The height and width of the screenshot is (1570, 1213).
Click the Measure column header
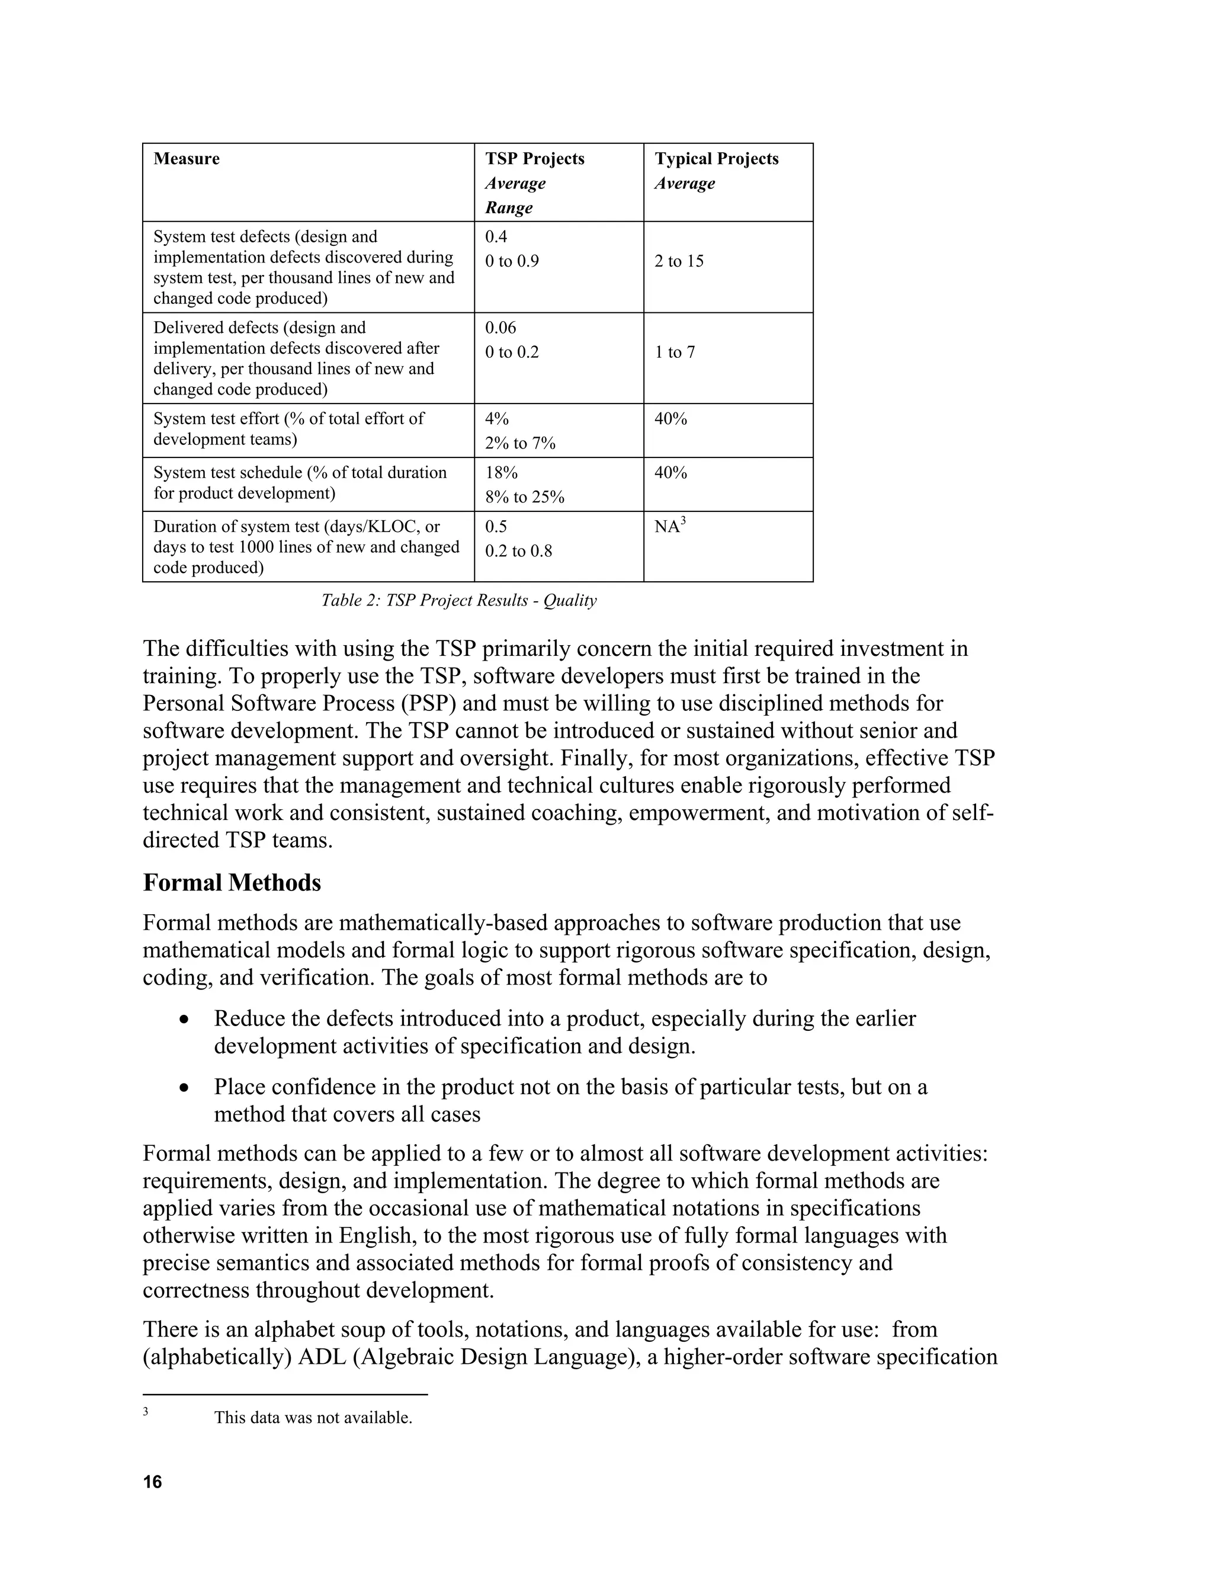click(186, 159)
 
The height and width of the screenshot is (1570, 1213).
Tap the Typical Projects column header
click(715, 159)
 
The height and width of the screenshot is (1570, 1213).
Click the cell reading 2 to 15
click(678, 261)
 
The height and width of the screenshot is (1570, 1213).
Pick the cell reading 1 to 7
click(674, 353)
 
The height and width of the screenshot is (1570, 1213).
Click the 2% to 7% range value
click(519, 444)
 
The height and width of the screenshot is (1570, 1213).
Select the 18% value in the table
click(501, 473)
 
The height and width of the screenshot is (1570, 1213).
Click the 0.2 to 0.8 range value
click(518, 552)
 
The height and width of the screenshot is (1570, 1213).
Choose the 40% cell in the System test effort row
click(670, 419)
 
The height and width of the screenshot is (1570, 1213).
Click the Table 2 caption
click(458, 600)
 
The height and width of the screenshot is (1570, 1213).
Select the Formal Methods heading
click(232, 883)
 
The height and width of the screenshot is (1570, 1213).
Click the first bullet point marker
click(185, 1020)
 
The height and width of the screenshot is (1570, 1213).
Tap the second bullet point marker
click(185, 1088)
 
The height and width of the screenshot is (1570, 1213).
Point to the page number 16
click(152, 1482)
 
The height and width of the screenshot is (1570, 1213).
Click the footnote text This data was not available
click(313, 1418)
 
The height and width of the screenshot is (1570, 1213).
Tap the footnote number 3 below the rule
click(145, 1411)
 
